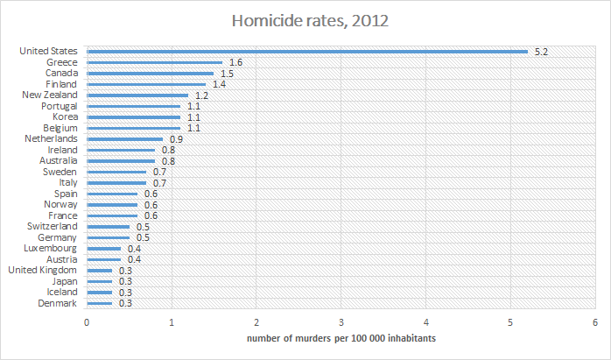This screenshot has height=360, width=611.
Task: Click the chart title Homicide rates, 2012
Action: coord(305,20)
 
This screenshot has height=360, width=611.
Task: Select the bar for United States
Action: coord(306,52)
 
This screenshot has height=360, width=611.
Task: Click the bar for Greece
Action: coord(154,62)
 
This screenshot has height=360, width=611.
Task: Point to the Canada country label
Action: coord(61,74)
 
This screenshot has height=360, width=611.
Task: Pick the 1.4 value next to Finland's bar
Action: coord(220,84)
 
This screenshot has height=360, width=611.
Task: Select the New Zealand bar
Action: coord(137,95)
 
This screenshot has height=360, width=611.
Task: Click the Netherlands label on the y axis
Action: coord(53,138)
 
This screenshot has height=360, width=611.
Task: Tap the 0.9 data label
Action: coord(176,139)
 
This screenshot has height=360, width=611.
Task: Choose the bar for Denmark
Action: coord(99,303)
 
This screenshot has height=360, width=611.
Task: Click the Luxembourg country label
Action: coord(52,248)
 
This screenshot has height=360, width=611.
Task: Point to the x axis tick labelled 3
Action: coord(341,322)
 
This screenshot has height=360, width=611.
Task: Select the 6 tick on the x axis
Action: coord(594,322)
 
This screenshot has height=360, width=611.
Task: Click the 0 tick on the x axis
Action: coord(87,322)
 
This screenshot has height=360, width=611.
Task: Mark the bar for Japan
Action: coord(99,281)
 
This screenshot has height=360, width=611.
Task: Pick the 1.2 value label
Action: coord(201,95)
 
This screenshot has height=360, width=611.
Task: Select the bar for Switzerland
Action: coord(108,227)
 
